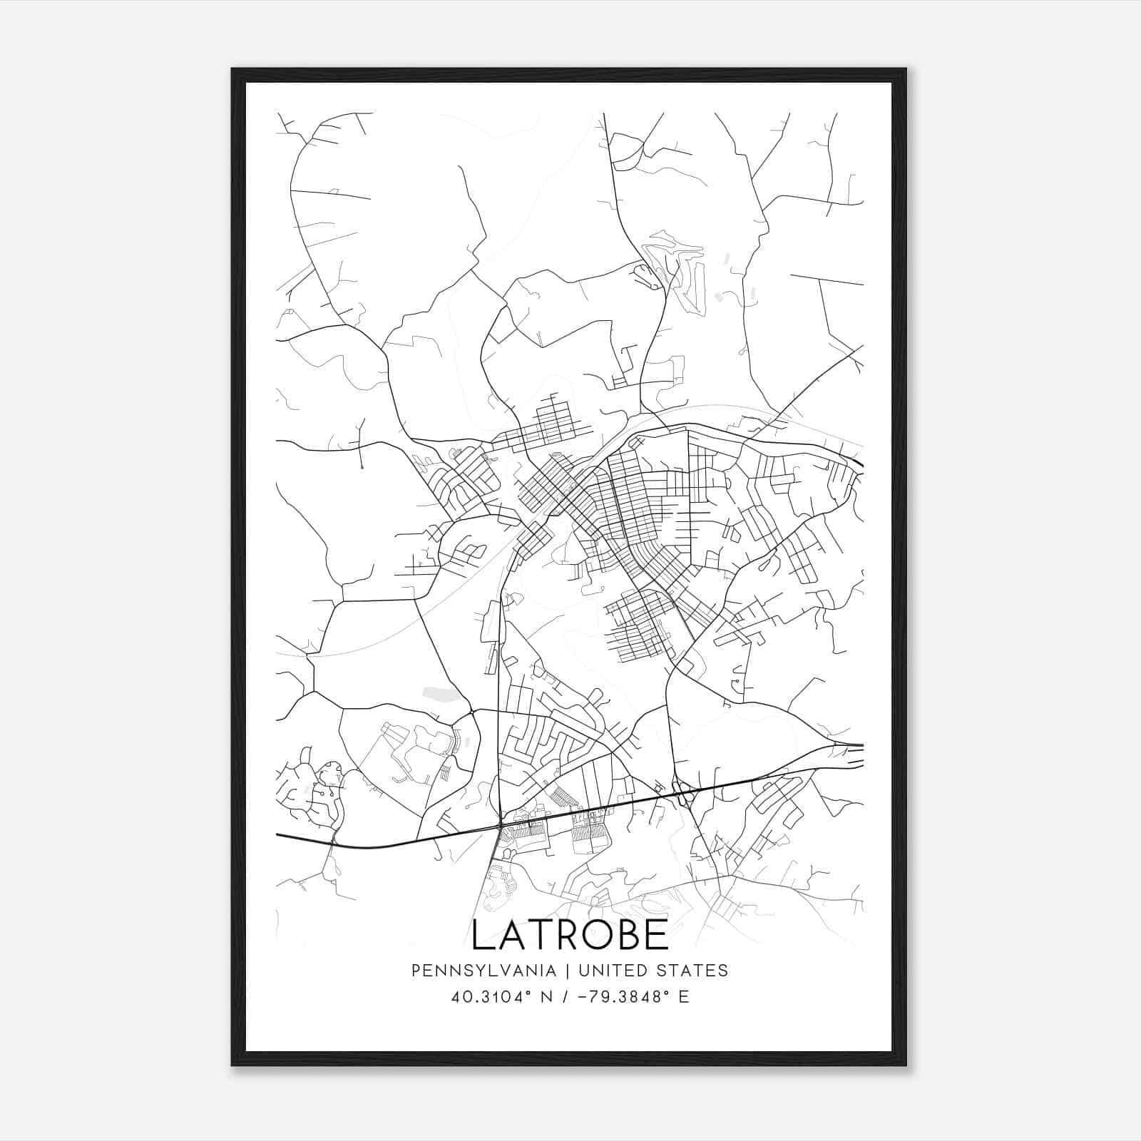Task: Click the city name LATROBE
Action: [570, 935]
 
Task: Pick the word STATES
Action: [694, 971]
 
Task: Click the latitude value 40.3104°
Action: [491, 997]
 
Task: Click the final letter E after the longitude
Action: [684, 997]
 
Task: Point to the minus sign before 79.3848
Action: [588, 997]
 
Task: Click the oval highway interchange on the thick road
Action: [685, 793]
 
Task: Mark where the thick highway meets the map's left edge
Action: [277, 834]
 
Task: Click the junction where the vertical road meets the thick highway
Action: [499, 826]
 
